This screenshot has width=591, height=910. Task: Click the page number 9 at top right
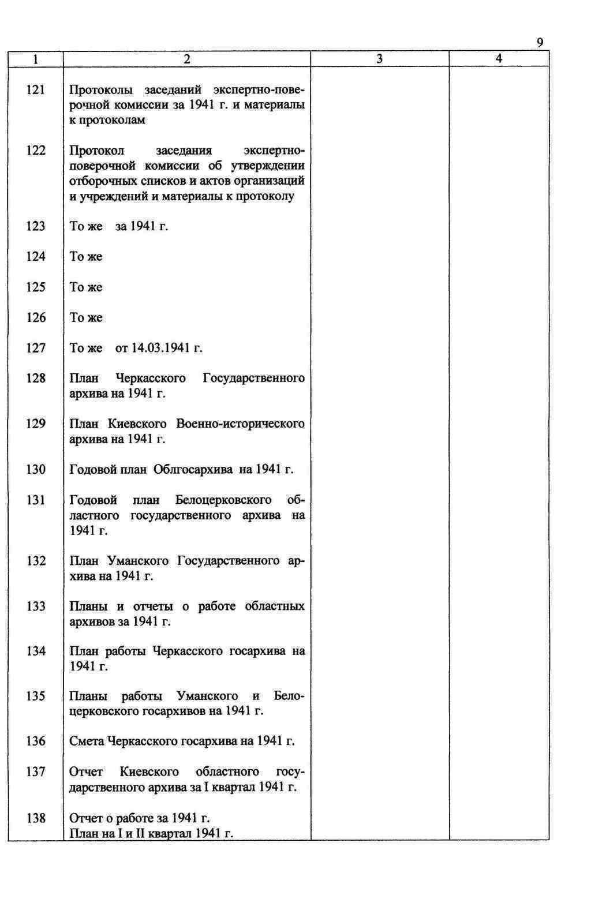click(540, 43)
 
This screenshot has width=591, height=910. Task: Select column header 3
click(379, 59)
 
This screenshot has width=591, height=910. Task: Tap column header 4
click(499, 58)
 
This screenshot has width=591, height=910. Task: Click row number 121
click(36, 90)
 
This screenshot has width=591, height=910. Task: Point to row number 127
click(36, 348)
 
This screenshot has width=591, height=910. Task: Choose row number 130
click(36, 470)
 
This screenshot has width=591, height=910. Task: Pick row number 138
click(36, 818)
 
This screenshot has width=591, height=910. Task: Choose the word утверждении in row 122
click(268, 166)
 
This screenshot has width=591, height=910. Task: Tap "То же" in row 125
click(86, 287)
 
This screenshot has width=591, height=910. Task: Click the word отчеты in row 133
click(153, 606)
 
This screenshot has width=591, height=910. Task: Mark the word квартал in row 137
click(234, 787)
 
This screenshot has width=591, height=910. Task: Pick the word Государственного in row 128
click(253, 379)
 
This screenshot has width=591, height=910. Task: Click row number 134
click(36, 651)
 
